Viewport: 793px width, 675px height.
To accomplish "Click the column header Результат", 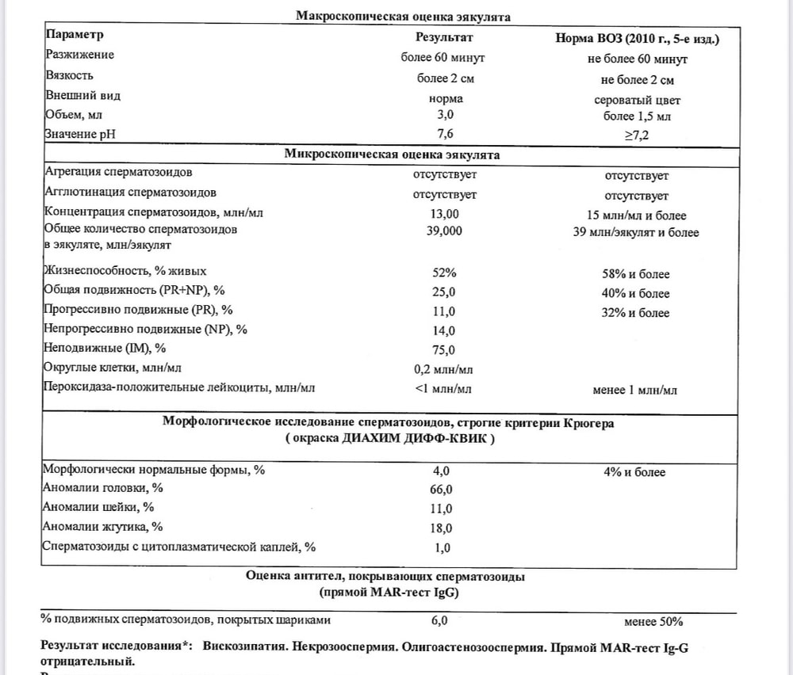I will pos(444,36).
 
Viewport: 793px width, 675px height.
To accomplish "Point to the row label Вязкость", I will pos(69,76).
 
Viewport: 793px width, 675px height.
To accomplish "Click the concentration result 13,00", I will pos(444,215).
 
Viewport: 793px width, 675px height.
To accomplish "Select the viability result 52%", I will pos(444,274).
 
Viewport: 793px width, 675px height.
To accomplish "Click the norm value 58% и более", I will pos(637,274).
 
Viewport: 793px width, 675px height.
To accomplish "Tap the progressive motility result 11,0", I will pos(444,312).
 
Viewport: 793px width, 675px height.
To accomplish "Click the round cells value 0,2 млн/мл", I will pos(444,369).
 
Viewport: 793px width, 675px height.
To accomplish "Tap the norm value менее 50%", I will pos(653,622).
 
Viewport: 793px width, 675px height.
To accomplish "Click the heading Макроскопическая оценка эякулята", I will pos(403,16).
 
